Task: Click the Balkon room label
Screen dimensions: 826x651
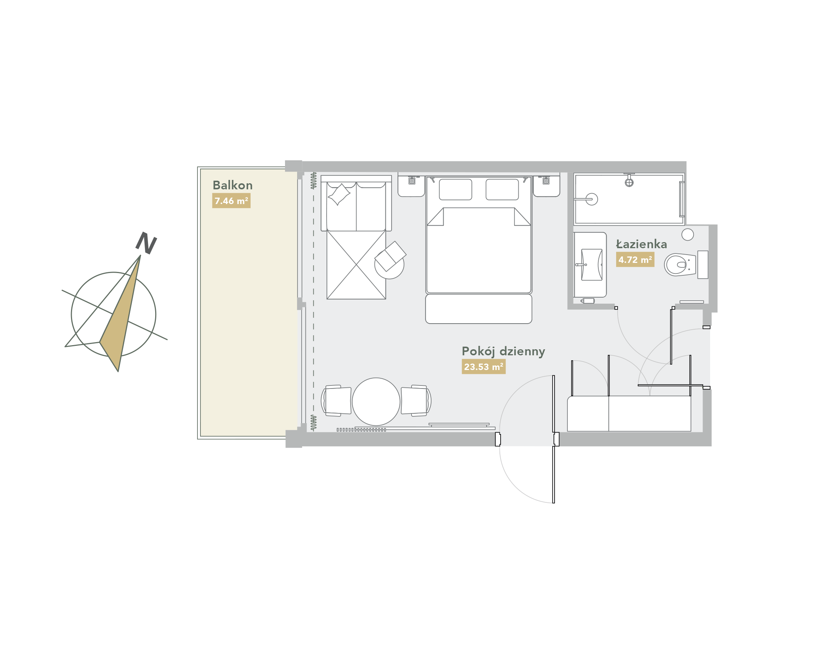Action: (x=232, y=185)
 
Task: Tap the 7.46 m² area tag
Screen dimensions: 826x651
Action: (x=231, y=201)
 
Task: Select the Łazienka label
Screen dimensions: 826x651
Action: (x=641, y=244)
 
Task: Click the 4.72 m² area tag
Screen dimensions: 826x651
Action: (x=635, y=259)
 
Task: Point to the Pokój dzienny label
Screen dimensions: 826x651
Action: (x=503, y=352)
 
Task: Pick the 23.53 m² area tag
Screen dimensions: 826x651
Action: (x=483, y=367)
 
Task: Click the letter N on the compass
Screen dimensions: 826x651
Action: (x=146, y=243)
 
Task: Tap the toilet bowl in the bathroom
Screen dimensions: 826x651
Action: (x=680, y=264)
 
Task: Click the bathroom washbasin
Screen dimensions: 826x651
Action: (x=591, y=264)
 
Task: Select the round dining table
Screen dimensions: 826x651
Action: (x=376, y=402)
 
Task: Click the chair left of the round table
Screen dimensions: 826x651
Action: (x=336, y=401)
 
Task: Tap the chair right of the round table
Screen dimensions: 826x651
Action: (x=416, y=401)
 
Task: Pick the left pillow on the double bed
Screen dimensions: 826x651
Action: (x=456, y=189)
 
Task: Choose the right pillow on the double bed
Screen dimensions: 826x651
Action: (x=502, y=189)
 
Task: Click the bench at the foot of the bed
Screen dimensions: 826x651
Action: (x=478, y=309)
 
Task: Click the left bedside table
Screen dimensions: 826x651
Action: (x=411, y=184)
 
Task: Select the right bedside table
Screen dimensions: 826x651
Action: (x=546, y=184)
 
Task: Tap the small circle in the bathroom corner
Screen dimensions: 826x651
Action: (x=687, y=234)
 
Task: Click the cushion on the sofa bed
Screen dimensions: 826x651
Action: (x=339, y=194)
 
